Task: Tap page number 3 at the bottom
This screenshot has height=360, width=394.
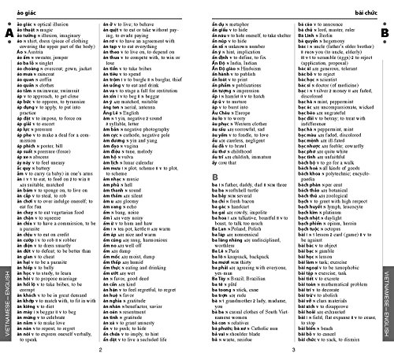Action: pyautogui.click(x=293, y=351)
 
